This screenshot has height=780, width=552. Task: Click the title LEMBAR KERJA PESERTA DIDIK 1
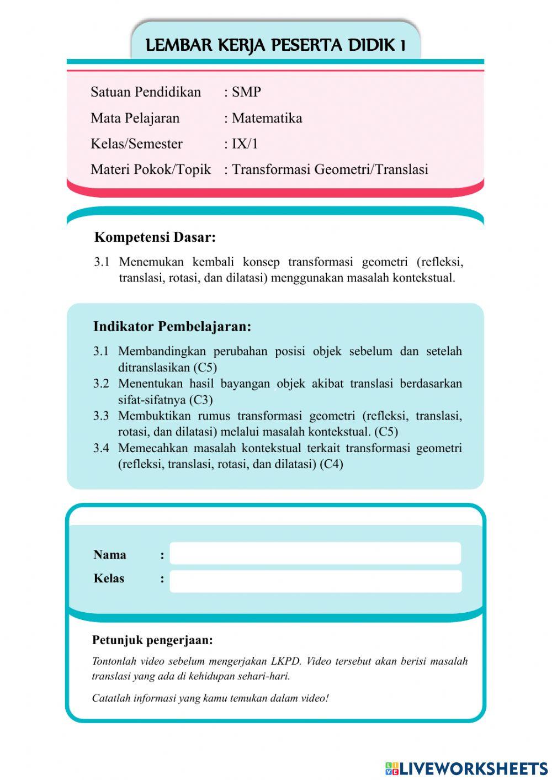[275, 45]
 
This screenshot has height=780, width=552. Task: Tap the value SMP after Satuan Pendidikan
[246, 92]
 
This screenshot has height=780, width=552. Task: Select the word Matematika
[267, 118]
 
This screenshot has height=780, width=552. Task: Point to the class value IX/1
[245, 144]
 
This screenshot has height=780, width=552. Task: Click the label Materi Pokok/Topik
[150, 169]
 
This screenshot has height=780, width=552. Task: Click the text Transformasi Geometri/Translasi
[330, 169]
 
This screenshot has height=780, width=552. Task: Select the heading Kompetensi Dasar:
[155, 237]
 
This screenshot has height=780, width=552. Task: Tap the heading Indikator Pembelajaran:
[172, 326]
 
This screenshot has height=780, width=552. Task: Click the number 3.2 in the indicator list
[100, 384]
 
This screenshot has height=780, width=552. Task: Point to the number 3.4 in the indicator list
[100, 448]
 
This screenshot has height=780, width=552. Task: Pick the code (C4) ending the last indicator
[331, 464]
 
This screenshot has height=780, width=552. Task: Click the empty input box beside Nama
[315, 554]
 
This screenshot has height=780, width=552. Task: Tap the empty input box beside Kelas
[315, 581]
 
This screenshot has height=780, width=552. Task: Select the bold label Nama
[109, 555]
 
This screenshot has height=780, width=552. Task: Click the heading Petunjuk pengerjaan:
[152, 640]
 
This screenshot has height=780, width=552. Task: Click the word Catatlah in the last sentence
[112, 698]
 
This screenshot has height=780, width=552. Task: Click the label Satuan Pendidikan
[146, 92]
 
